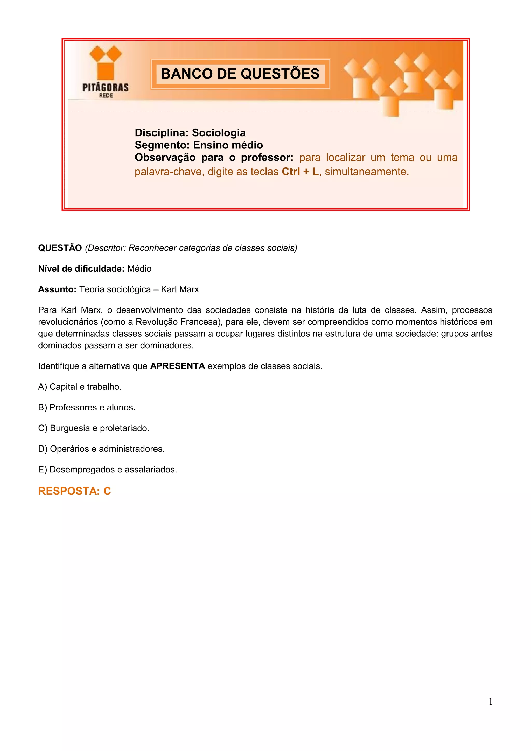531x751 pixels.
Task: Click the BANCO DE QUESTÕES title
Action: tap(240, 74)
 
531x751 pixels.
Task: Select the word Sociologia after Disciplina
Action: tap(219, 133)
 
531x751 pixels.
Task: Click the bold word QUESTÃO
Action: tap(60, 248)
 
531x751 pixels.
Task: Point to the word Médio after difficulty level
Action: tap(139, 269)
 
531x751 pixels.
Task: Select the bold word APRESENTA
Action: tap(177, 366)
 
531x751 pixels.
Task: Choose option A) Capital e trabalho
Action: tap(80, 387)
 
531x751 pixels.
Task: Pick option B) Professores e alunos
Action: tap(87, 408)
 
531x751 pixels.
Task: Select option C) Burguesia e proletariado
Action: tap(94, 428)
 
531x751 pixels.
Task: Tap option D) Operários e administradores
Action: tap(101, 449)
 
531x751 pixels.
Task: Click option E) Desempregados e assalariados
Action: tap(107, 470)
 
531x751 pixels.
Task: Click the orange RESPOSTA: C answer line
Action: tap(75, 491)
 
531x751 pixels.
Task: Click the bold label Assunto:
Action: tap(57, 289)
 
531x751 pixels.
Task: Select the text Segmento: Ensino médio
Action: tap(199, 145)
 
